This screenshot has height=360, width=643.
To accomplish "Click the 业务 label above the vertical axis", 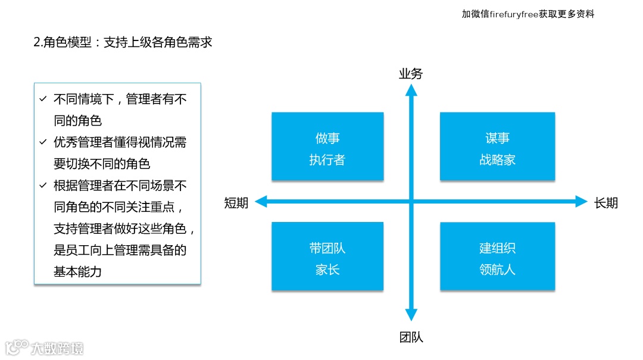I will pos(411,74).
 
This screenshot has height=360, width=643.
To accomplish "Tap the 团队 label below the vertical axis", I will pos(411,337).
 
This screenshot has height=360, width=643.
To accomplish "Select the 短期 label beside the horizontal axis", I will pos(236,203).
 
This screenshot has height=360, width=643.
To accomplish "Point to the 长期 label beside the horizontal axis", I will pos(606,203).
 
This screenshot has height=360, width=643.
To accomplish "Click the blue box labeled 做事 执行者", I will pos(327,146).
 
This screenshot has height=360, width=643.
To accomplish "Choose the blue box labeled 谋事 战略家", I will pos(497,146).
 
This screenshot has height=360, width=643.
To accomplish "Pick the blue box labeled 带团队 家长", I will pos(327,256).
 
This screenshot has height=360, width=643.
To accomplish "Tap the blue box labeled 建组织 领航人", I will pos(497,256).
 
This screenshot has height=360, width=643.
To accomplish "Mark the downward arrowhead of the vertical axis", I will pos(411,315).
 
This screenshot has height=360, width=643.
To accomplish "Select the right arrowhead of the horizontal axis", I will pos(581,202).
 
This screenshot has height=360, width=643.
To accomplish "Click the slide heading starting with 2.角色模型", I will pos(123,42).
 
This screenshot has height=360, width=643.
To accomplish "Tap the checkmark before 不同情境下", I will pos(43,99).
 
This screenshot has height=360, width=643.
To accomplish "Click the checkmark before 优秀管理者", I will pos(43,142).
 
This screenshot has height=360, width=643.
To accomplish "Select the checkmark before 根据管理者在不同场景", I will pos(43,186).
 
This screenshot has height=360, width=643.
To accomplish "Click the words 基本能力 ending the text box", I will pos(77,272).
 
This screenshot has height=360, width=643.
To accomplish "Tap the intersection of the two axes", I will pos(411,202).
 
